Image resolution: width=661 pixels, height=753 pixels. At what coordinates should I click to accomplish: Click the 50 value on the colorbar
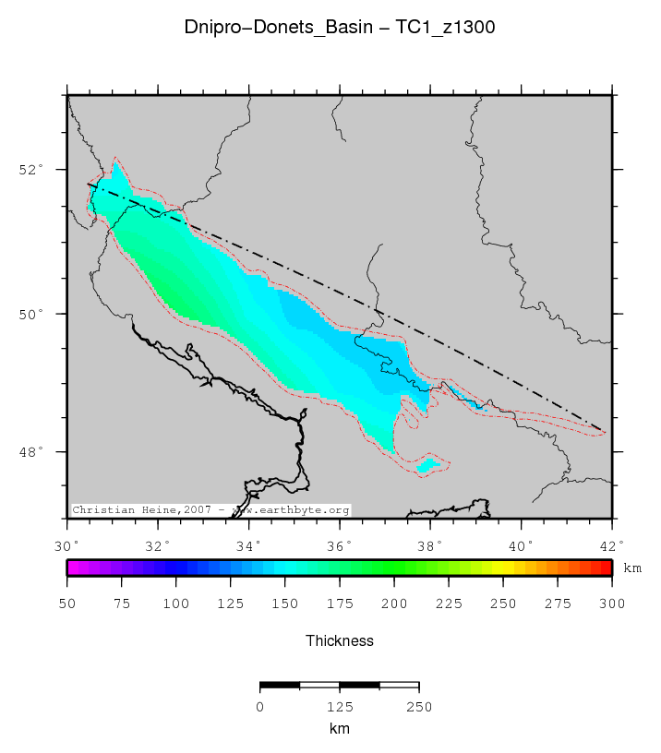coord(68,604)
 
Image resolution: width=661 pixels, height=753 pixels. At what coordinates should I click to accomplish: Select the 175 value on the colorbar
coord(340,604)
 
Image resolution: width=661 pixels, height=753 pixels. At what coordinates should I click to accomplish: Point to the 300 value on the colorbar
coord(611,604)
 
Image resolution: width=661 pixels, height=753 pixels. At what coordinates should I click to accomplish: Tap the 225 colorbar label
coord(449,604)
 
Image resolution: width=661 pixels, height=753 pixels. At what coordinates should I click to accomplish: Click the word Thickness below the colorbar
coord(340,639)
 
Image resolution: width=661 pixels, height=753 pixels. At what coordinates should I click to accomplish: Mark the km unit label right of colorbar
coord(632,568)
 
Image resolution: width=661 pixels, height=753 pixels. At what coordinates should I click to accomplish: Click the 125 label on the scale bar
coord(340,707)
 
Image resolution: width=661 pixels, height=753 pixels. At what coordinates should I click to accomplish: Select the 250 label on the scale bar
coord(419,707)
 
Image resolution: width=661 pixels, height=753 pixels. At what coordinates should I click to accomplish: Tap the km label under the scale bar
coord(340,728)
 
